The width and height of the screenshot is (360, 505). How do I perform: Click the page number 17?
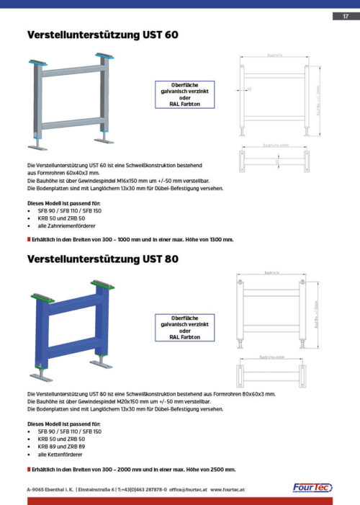click(x=346, y=16)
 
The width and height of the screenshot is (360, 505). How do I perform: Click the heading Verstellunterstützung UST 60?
click(x=102, y=34)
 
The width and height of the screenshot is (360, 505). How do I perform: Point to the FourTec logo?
click(x=312, y=488)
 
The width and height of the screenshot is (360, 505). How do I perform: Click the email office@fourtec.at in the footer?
click(x=186, y=489)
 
